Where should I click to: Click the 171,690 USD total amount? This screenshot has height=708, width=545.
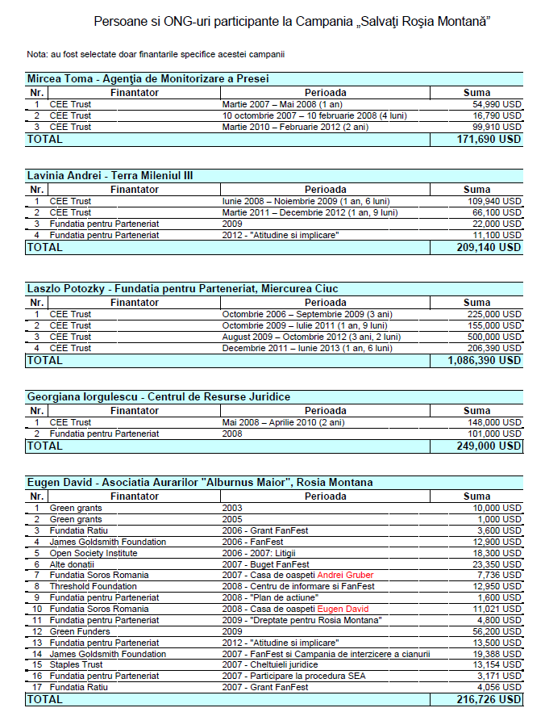pos(489,139)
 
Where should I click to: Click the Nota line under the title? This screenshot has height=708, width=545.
pos(155,54)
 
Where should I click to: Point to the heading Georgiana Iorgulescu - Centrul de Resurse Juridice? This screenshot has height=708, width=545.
pos(158,397)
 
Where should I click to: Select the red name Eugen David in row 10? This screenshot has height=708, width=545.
pos(345,609)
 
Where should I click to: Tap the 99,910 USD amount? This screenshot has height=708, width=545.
pos(497,127)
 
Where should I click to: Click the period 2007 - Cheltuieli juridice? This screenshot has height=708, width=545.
pos(277,664)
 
